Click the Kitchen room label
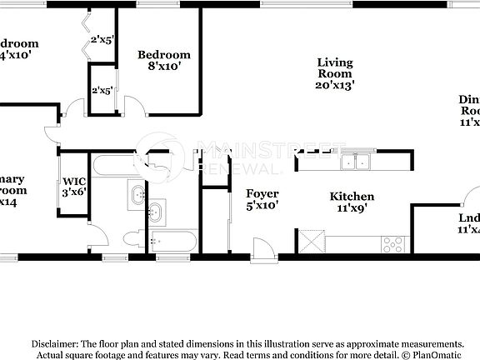[352, 197]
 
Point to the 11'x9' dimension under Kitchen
[352, 209]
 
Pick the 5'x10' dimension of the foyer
[262, 205]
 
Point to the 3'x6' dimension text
[74, 191]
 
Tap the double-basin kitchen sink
[362, 160]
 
